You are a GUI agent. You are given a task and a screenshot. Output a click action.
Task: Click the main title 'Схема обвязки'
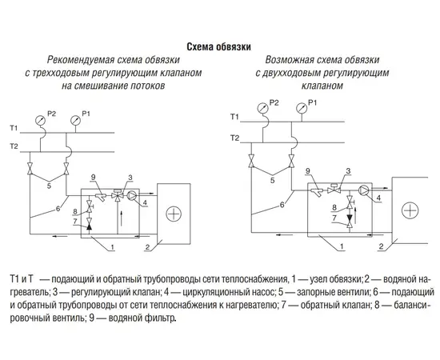[x=219, y=47]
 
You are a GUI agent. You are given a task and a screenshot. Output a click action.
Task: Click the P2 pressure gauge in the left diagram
[x=41, y=120]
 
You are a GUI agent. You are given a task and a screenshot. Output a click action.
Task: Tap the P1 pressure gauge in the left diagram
[x=76, y=120]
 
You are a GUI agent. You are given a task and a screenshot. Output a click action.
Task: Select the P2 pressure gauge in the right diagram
[x=262, y=108]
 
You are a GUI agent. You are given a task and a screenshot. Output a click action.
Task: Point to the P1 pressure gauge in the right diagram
[x=302, y=108]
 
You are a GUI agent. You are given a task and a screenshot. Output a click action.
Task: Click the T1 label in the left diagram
[x=14, y=128]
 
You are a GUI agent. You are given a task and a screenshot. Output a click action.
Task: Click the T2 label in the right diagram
[x=235, y=138]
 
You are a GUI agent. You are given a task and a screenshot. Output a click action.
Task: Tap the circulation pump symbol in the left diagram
[x=132, y=195]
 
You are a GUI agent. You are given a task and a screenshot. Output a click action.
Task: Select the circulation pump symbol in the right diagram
[x=363, y=190]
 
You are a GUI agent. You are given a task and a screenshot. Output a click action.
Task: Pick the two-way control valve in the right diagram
[x=334, y=189]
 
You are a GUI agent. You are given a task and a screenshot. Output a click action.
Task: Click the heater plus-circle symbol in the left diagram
[x=174, y=214]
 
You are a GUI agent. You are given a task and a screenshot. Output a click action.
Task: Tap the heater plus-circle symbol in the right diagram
[x=410, y=210]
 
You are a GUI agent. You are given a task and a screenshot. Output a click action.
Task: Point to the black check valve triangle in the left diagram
[x=90, y=226]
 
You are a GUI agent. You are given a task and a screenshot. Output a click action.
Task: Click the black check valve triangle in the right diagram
[x=350, y=218]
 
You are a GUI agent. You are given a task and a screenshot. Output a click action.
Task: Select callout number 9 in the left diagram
[x=93, y=177]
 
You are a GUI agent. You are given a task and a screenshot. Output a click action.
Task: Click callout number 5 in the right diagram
[x=273, y=180]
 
